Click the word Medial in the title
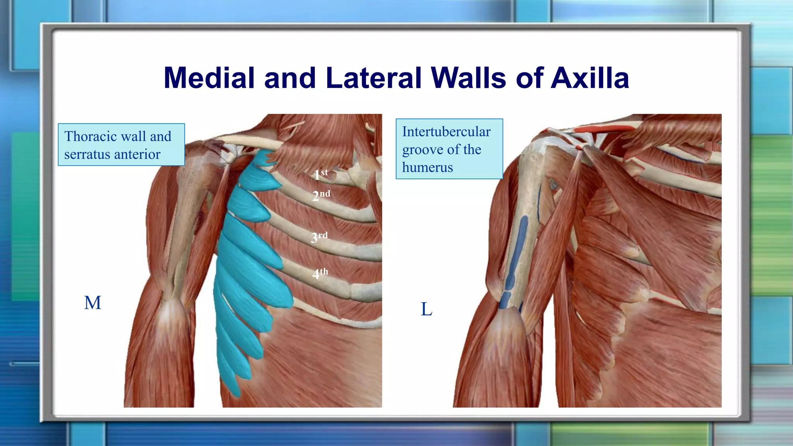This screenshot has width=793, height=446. [209, 78]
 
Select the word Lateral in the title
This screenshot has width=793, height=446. [374, 78]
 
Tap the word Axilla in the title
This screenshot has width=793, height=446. [590, 78]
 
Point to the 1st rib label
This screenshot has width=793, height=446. [321, 174]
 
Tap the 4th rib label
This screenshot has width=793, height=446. [320, 273]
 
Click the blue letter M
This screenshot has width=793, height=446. [93, 303]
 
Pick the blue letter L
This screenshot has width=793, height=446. [426, 309]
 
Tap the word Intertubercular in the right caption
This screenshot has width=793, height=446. [446, 132]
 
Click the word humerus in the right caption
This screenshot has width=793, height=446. [427, 167]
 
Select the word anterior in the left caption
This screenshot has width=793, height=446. [137, 154]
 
